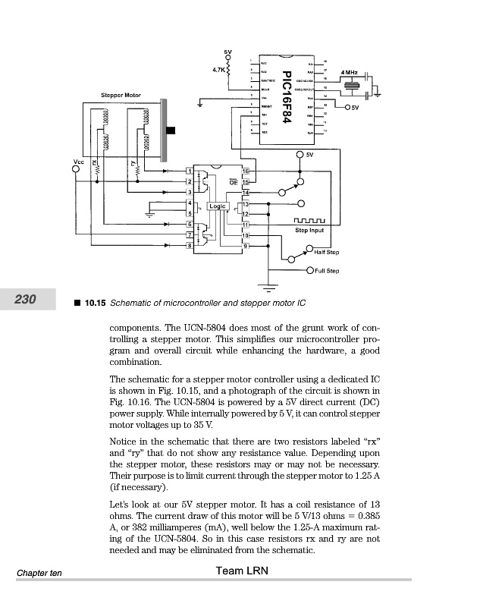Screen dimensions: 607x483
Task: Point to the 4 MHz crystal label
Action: [x=350, y=71]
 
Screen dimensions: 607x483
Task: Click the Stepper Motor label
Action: [x=121, y=95]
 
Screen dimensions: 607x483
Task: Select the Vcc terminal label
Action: [x=77, y=161]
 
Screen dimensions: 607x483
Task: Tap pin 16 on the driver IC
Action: [x=246, y=171]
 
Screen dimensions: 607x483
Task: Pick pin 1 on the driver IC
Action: [x=189, y=171]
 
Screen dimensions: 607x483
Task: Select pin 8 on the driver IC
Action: [x=189, y=244]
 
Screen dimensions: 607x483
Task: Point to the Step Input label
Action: [x=309, y=230]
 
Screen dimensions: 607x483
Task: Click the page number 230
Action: [x=26, y=300]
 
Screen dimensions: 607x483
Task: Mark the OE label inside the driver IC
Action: [x=234, y=183]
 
